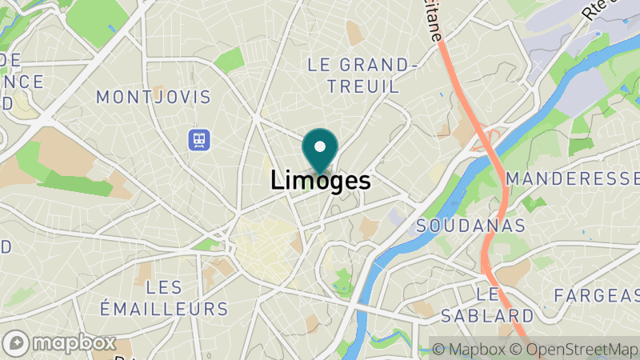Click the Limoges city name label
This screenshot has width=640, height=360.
321,181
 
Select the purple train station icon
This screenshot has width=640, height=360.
198,141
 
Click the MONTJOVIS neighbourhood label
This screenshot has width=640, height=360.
153,98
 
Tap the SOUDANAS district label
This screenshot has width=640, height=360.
470,226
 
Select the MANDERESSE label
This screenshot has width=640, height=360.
573,177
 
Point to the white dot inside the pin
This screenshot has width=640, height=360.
321,146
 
